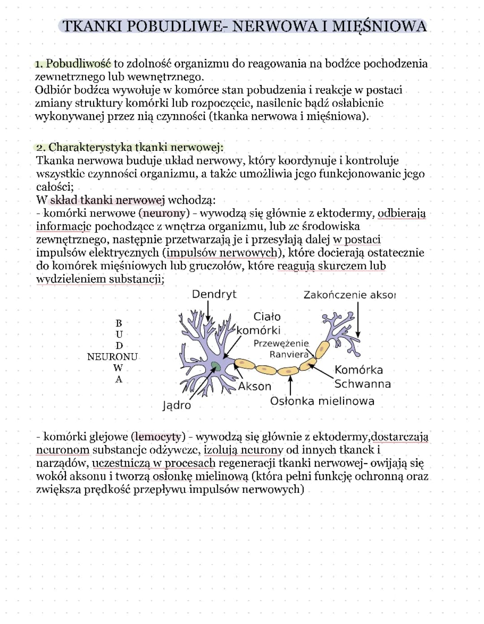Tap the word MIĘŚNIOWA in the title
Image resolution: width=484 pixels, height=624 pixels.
pyautogui.click(x=379, y=26)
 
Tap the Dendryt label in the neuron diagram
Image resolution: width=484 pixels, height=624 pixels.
pyautogui.click(x=214, y=294)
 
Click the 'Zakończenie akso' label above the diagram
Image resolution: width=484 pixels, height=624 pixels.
pyautogui.click(x=350, y=295)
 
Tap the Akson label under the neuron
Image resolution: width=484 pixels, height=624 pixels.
pyautogui.click(x=255, y=386)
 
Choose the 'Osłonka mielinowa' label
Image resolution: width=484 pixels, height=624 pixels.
pyautogui.click(x=322, y=401)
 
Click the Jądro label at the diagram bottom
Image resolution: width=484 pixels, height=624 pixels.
pyautogui.click(x=177, y=405)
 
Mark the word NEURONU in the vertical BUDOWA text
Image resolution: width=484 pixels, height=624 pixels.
pyautogui.click(x=112, y=357)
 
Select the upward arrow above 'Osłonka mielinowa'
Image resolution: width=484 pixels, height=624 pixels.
pyautogui.click(x=290, y=385)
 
